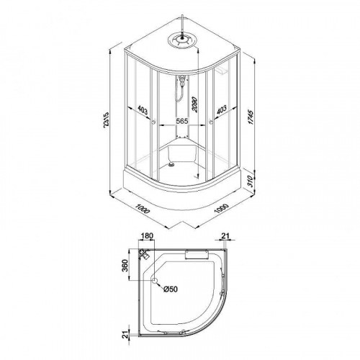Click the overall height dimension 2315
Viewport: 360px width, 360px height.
point(106,120)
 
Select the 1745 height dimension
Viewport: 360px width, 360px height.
point(251,117)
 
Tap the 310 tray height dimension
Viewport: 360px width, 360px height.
point(251,181)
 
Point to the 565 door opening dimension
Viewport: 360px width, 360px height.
point(182,121)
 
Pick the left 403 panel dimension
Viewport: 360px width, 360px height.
point(143,110)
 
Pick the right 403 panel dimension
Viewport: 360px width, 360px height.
point(222,110)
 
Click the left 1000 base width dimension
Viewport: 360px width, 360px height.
point(143,209)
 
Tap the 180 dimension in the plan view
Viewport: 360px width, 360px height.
point(147,236)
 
